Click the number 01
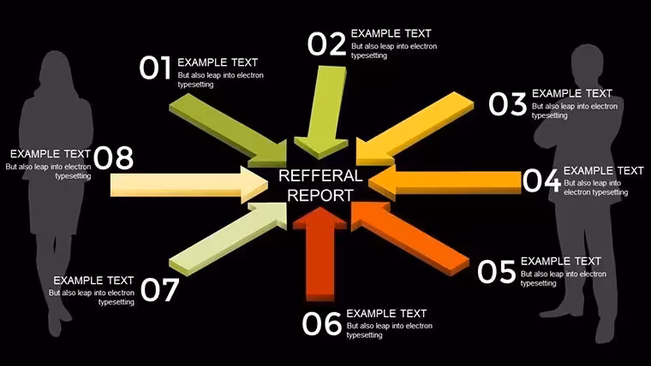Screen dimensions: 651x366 click(x=155, y=68)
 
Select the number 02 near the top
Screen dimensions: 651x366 click(x=326, y=44)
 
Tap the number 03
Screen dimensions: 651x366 click(x=507, y=103)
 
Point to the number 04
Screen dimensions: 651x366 click(x=541, y=180)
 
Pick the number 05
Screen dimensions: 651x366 click(x=496, y=272)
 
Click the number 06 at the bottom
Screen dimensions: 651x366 click(x=322, y=324)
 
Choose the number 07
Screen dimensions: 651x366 click(x=160, y=290)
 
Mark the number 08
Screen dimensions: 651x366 click(x=113, y=158)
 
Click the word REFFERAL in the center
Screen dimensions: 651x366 click(x=320, y=176)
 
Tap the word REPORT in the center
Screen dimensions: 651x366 click(x=320, y=196)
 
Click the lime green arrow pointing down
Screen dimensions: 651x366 click(x=322, y=112)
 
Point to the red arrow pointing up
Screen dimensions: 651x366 click(x=320, y=254)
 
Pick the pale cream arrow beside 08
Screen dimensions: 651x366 click(x=189, y=185)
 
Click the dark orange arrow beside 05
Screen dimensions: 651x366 click(x=410, y=238)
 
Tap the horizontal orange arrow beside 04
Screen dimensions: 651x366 click(x=445, y=183)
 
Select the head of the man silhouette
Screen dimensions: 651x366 click(x=588, y=63)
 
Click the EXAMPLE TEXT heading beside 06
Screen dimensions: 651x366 click(x=386, y=313)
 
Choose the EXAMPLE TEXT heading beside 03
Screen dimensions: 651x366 click(x=572, y=93)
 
